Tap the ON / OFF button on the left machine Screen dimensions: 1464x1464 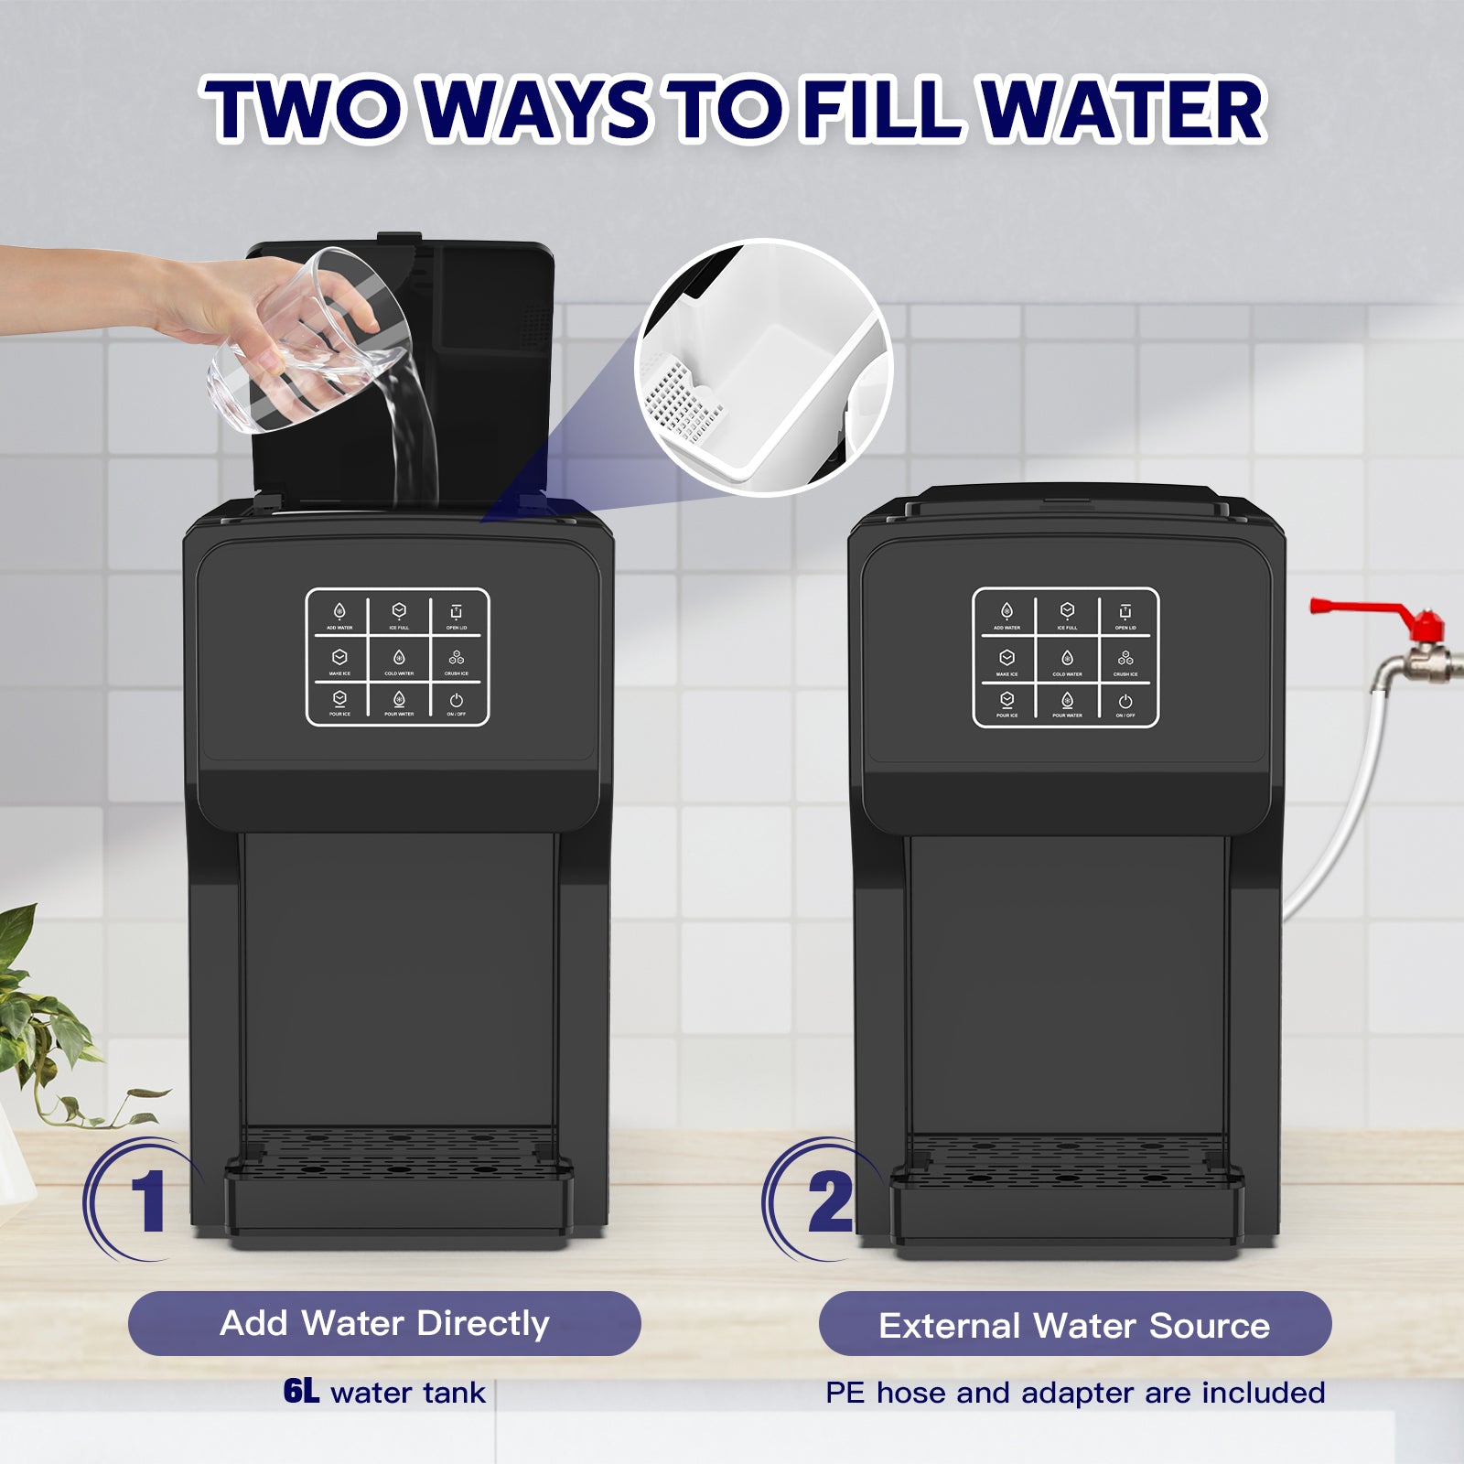pos(457,704)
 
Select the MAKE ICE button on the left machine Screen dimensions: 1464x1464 pos(339,660)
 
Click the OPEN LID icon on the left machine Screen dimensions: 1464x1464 pos(457,614)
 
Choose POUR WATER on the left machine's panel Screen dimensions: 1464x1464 pos(399,704)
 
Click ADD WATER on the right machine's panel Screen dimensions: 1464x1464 pos(1006,614)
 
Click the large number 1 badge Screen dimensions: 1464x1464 pos(146,1200)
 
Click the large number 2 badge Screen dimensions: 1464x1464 pos(829,1200)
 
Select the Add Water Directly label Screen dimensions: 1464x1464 pos(384,1323)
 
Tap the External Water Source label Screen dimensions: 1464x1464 pos(1074,1325)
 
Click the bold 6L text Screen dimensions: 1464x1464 pos(301,1392)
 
